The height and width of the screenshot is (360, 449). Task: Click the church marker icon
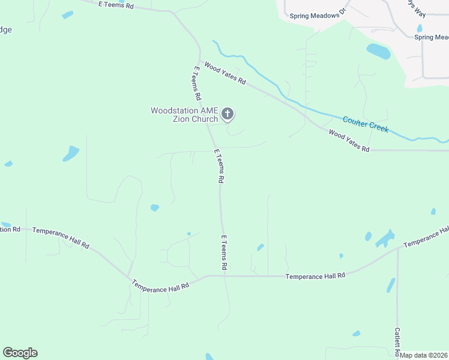(228, 113)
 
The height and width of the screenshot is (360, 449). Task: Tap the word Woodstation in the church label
(174, 110)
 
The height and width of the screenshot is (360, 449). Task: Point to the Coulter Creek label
(366, 124)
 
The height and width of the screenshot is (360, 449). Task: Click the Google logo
(20, 353)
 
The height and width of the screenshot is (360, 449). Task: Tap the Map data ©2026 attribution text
(423, 355)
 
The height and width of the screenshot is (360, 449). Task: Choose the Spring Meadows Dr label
(315, 16)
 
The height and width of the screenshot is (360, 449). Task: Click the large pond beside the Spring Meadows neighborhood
(378, 52)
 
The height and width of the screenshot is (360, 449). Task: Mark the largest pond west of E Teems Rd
(71, 154)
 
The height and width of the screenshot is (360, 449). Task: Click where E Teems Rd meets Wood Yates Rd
(200, 60)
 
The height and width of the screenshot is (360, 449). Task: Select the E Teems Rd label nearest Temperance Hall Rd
(224, 252)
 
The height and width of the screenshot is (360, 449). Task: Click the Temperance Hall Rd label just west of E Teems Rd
(160, 287)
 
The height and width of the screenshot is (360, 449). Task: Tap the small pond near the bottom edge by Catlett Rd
(357, 333)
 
